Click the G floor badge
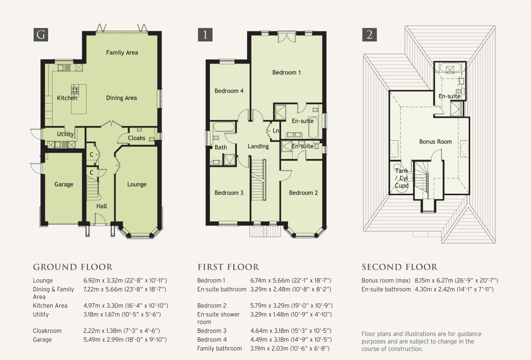[x=41, y=35]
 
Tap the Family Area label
[x=122, y=52]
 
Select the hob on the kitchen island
[x=75, y=89]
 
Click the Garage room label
[x=63, y=184]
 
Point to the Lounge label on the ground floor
[x=137, y=184]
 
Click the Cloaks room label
[x=137, y=138]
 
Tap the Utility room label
[x=65, y=134]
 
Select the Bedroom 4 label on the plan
[x=229, y=91]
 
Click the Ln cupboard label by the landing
[x=276, y=130]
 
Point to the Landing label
[x=258, y=146]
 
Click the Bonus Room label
[x=435, y=142]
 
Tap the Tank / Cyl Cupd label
[x=401, y=178]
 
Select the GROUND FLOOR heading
[x=73, y=267]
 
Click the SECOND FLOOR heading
[x=399, y=267]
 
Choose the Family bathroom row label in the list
[x=219, y=348]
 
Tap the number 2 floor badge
[x=369, y=35]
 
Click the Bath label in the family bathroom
[x=221, y=147]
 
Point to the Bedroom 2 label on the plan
[x=303, y=193]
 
